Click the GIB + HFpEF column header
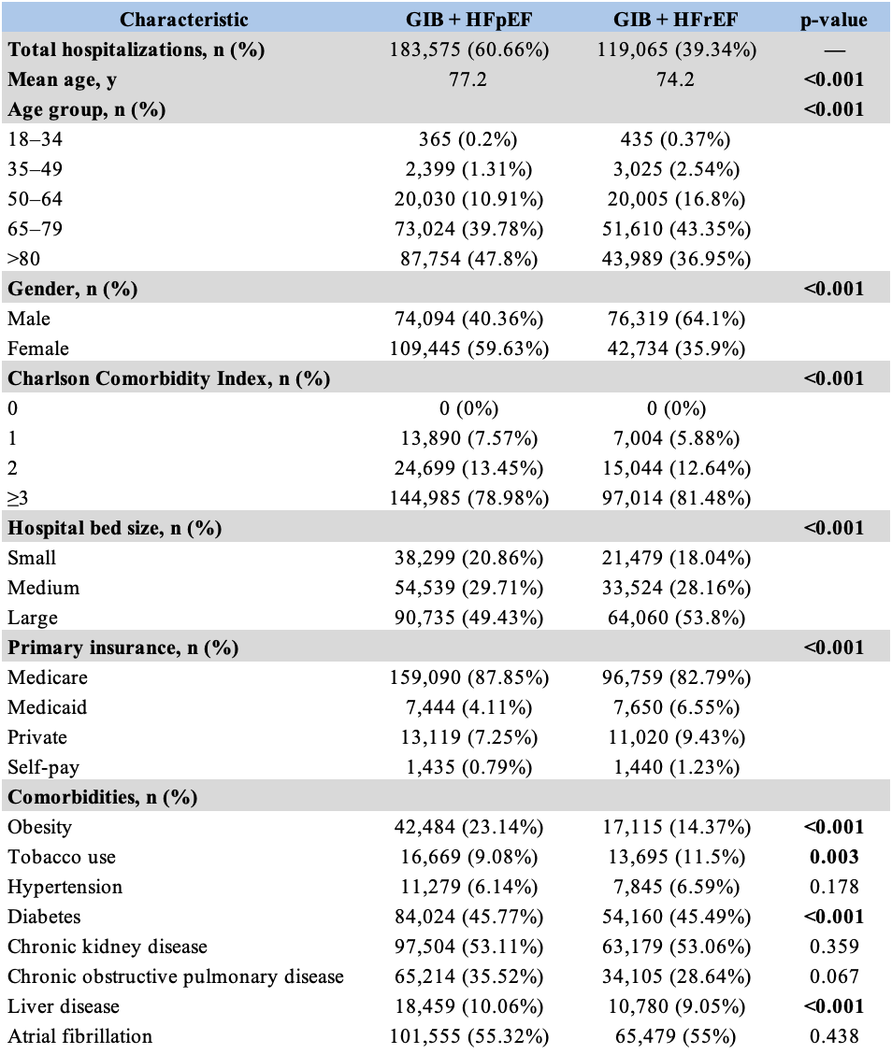point(468,20)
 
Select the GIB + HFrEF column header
point(675,20)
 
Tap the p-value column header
point(833,21)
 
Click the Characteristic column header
point(183,20)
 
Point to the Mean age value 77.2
point(468,79)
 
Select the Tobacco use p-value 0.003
point(834,856)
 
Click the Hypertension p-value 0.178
point(834,887)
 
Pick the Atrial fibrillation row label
point(80,1036)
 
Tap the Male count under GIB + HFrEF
point(676,319)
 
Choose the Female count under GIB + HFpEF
point(468,349)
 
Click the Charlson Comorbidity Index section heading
point(169,378)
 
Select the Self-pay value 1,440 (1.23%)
point(676,767)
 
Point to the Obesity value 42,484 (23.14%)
point(468,827)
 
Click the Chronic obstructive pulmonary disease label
point(176,976)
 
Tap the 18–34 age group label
point(35,139)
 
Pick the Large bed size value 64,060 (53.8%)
point(676,618)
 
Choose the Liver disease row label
point(64,1006)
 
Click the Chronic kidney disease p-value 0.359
point(834,947)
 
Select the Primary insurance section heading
point(123,648)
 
